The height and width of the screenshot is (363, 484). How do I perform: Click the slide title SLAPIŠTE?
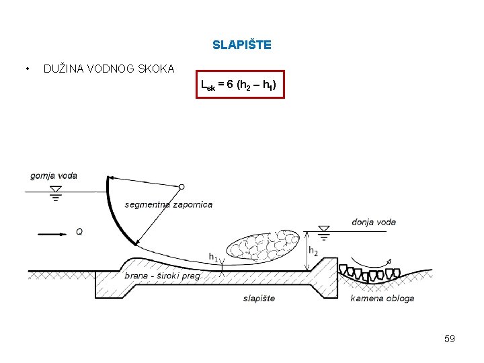point(242,46)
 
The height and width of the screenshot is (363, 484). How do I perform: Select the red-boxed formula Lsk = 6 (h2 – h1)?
point(240,84)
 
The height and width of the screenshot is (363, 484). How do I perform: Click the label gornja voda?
point(54,176)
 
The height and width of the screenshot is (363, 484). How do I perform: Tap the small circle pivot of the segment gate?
point(182,186)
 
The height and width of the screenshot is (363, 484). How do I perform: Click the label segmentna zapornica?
point(168,204)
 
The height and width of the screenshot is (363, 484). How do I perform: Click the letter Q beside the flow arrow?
point(79,232)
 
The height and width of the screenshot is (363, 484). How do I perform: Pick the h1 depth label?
point(213,257)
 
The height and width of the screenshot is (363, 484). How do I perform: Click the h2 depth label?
point(313,251)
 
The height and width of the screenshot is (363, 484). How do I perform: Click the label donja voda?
point(374,222)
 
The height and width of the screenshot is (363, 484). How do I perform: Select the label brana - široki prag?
point(162,276)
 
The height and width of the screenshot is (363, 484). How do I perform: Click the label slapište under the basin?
point(259,298)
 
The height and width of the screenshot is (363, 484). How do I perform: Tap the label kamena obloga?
point(382,298)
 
